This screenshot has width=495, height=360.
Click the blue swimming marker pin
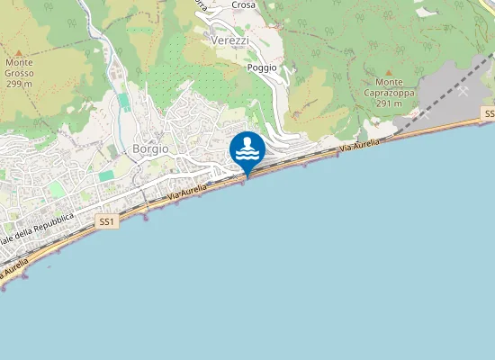pos(247,149)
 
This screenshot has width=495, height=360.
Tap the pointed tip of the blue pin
pos(247,174)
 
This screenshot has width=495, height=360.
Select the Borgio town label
pos(149,149)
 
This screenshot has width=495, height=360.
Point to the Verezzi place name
pos(229,41)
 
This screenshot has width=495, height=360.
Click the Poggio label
pos(261,67)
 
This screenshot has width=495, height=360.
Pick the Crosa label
pos(243,5)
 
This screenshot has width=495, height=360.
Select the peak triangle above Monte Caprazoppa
pos(389,71)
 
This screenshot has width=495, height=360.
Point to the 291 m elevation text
pos(389,103)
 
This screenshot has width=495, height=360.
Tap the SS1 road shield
pos(107,221)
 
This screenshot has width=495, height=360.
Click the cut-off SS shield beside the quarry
pos(489,114)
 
